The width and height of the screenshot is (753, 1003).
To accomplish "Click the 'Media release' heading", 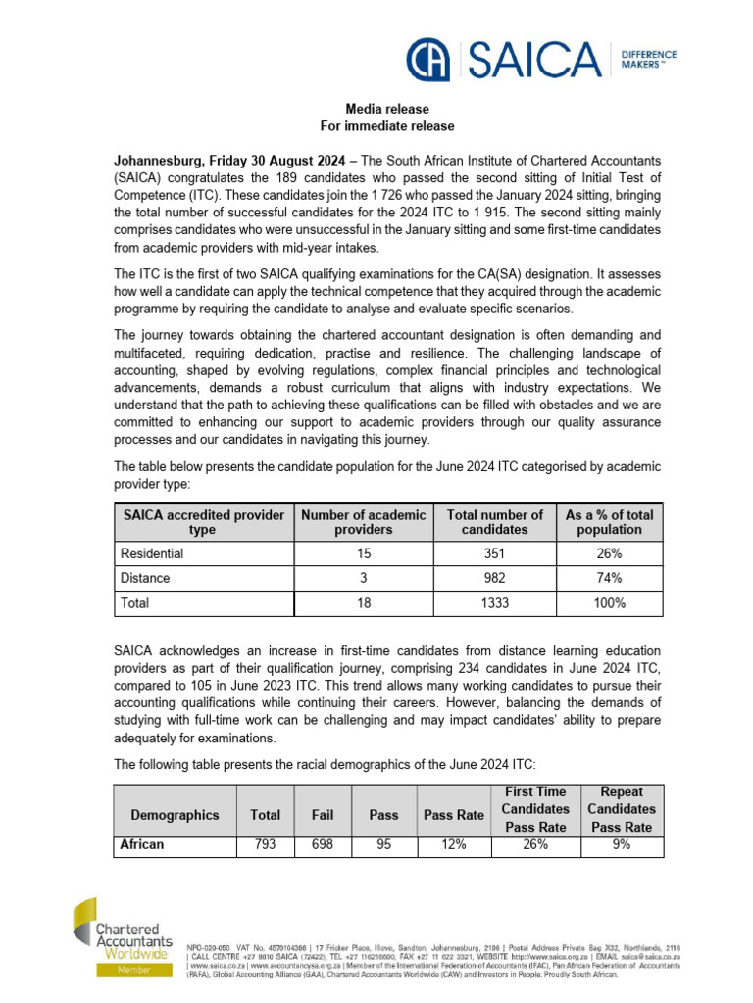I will point(387,109).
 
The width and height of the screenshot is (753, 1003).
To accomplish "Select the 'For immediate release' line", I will point(387,126).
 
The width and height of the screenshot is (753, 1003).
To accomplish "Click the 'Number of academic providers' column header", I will point(364,522).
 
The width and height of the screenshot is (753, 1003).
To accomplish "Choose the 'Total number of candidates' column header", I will point(494,522).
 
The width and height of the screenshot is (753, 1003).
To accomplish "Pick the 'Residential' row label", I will point(152,553).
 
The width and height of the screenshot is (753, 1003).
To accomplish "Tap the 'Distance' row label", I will point(145,578).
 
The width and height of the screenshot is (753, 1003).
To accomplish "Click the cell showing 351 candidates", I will point(494,553).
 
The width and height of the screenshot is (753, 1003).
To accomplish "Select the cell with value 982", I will point(494,578).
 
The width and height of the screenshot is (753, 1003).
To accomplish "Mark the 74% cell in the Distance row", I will point(609,578).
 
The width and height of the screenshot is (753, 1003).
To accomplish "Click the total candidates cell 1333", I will point(494,603).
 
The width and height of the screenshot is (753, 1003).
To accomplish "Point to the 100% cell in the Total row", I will point(609,603).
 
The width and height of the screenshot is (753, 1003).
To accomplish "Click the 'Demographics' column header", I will point(175,815).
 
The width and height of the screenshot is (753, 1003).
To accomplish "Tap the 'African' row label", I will point(142,843).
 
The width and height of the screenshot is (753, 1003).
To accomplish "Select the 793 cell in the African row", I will point(265,843).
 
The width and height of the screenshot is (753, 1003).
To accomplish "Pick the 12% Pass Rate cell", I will point(453,843).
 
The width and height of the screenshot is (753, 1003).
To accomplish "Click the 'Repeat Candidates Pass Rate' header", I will point(621,809).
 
